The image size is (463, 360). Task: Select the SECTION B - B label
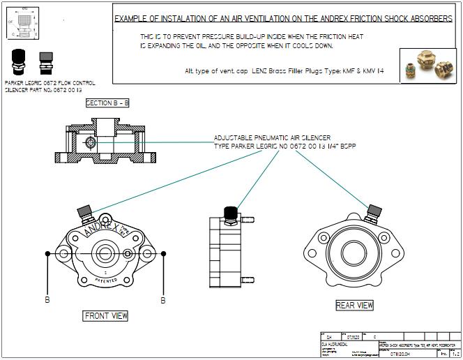[x=107, y=103]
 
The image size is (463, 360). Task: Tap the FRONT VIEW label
[x=106, y=316]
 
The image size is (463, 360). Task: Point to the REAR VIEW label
[x=354, y=305]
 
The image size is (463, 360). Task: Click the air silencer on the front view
[x=86, y=209]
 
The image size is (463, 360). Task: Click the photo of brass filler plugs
[x=428, y=66]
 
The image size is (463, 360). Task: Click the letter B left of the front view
[x=47, y=301]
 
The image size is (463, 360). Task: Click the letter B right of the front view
[x=163, y=301]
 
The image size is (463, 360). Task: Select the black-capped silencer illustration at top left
[x=18, y=61]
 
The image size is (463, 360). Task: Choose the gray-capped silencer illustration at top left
[x=46, y=61]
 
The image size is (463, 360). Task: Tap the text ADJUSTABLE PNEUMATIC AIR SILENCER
[x=272, y=138]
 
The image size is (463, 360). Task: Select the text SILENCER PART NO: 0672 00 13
[x=43, y=91]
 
